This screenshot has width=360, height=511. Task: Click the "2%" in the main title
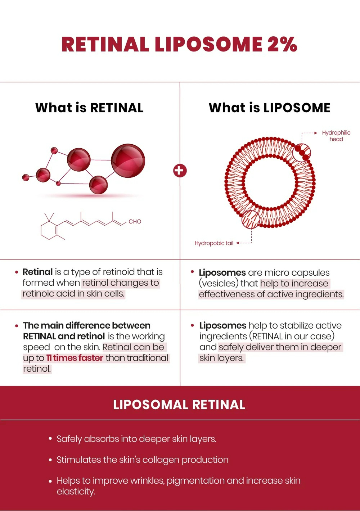coord(282,45)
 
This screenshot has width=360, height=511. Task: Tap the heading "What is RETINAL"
coord(89,108)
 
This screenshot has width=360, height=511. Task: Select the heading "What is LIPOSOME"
coord(269,108)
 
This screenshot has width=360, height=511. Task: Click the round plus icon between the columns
coord(180,170)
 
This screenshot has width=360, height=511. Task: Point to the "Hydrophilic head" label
coord(336,136)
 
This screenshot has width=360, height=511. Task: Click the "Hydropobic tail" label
coord(214,243)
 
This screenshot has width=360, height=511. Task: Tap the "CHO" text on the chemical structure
coord(135,222)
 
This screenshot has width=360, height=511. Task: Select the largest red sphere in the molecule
coord(128,161)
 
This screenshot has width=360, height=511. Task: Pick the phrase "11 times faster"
coord(75,358)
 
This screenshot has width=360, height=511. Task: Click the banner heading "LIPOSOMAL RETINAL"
coord(179,404)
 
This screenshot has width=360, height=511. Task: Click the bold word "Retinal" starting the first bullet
coord(37,272)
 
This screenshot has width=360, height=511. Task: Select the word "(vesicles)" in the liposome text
coord(219,284)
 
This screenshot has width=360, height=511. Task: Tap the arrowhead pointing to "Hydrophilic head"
coord(316,133)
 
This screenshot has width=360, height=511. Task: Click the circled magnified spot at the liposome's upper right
coord(301,153)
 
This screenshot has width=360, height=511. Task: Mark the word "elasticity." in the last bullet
coord(76,492)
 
